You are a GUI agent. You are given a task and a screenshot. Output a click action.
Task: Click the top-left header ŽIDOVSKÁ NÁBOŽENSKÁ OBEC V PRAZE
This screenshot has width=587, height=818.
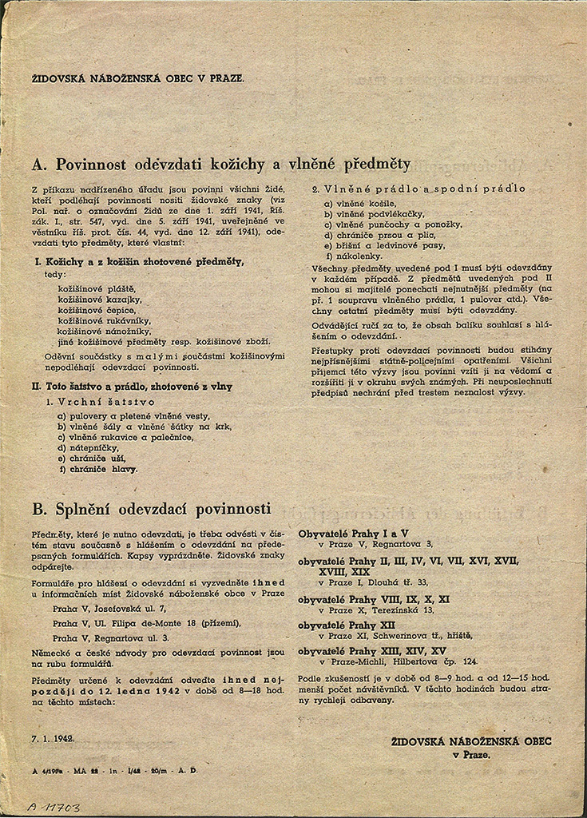[x=137, y=79]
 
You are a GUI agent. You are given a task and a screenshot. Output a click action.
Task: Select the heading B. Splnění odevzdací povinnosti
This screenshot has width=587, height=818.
[x=152, y=509]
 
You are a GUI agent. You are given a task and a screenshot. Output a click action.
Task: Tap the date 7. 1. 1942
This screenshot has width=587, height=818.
[x=54, y=739]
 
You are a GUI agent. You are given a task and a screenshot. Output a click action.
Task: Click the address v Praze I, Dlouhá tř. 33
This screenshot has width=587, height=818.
[x=373, y=582]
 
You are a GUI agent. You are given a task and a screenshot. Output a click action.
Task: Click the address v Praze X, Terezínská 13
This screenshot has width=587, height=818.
[x=375, y=610]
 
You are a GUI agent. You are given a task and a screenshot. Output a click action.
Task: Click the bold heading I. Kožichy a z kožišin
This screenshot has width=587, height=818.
[x=138, y=261]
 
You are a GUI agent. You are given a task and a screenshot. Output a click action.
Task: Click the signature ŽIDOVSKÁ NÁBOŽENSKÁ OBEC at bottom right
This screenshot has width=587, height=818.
[x=471, y=741]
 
